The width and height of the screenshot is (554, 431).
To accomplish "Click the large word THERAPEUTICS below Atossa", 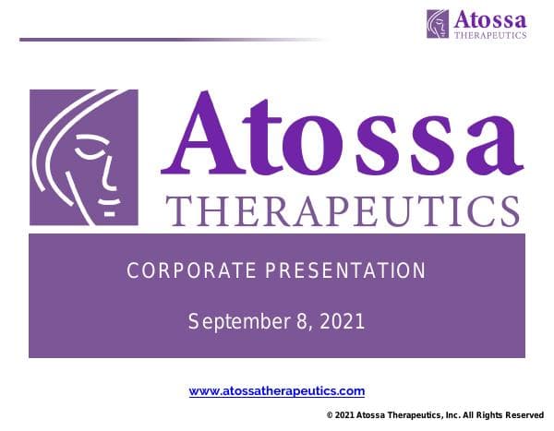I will pos(342,210).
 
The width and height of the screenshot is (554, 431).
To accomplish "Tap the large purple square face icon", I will pos(83,157).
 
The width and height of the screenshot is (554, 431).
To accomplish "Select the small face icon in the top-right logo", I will pos(438,23).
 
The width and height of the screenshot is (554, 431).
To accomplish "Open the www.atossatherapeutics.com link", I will pos(277,391).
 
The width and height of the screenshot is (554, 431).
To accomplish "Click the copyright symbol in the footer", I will pos(330,416).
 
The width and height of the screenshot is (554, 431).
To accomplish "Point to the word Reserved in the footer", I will pos(523,416).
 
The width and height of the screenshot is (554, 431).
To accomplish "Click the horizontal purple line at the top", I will pos(166,40).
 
